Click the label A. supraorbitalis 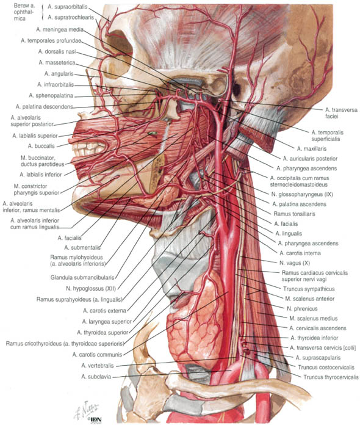(x=67, y=7)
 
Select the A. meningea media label (x=60, y=29)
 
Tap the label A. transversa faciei (x=341, y=113)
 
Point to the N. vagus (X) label (x=295, y=263)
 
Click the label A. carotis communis (x=97, y=355)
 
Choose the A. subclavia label (x=96, y=377)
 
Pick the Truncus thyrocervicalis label (x=331, y=377)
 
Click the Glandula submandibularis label (x=82, y=278)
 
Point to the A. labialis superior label (x=35, y=136)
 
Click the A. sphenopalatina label (x=51, y=95)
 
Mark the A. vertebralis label (x=98, y=366)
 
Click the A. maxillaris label (x=312, y=149)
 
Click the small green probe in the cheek (x=153, y=134)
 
